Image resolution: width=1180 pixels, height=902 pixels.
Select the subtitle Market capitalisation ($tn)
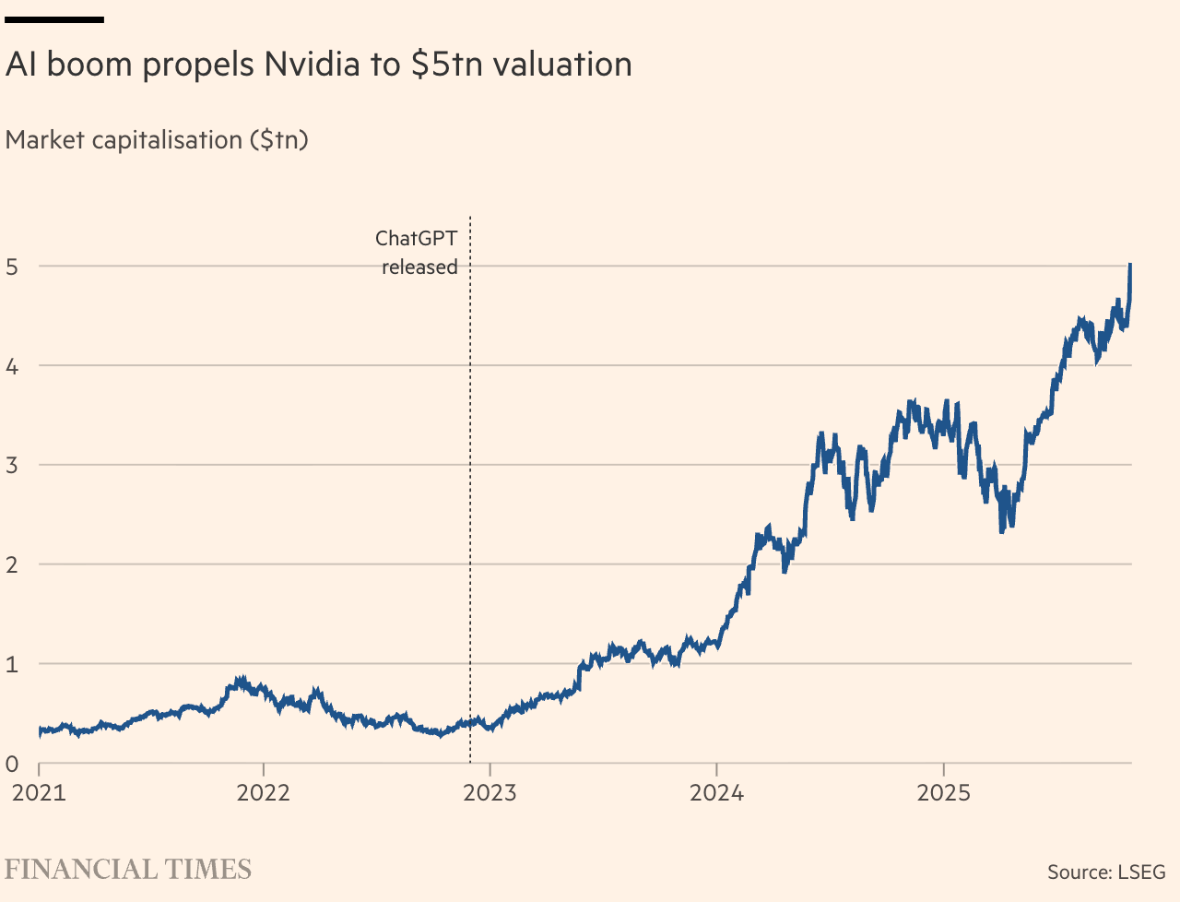(x=157, y=140)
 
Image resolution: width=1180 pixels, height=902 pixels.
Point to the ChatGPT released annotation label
(x=418, y=253)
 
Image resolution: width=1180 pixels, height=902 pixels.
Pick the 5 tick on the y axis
(x=12, y=267)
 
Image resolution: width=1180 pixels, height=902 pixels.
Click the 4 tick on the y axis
(x=12, y=366)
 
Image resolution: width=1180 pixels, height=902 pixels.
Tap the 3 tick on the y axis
(x=12, y=465)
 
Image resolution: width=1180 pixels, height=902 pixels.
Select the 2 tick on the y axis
(x=12, y=564)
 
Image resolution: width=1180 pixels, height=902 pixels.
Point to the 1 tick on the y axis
(x=12, y=664)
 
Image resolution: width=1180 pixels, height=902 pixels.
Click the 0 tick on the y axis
(x=12, y=764)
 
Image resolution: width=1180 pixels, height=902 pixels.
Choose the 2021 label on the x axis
(x=39, y=793)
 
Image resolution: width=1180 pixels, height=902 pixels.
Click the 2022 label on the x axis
(x=264, y=793)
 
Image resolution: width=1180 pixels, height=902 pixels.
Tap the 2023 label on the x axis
(x=490, y=793)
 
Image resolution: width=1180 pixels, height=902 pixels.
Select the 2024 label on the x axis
(x=716, y=793)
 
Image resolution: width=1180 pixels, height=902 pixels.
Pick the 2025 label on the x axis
(x=943, y=793)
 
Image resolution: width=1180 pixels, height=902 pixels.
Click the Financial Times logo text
(x=128, y=870)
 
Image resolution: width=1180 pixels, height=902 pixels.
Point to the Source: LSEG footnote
(x=1106, y=872)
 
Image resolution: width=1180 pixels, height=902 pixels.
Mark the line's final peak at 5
(x=1130, y=266)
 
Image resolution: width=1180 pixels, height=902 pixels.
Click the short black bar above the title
(x=54, y=19)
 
